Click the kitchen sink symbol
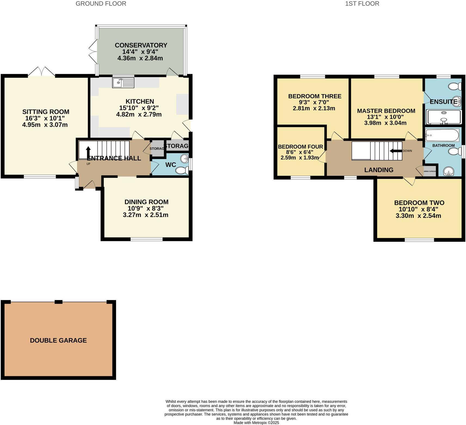coord(123,82)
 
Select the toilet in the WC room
coord(182,171)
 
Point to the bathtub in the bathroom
coord(442,135)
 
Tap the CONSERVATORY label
coord(141,45)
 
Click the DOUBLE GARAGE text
coord(58,340)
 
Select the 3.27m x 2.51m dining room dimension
coord(145,215)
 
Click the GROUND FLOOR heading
coord(101,4)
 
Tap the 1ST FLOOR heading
coord(362,4)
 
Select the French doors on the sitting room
coord(42,72)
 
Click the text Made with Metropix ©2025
coord(256,423)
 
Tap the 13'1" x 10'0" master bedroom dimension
coord(386,117)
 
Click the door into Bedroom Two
coord(409,181)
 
